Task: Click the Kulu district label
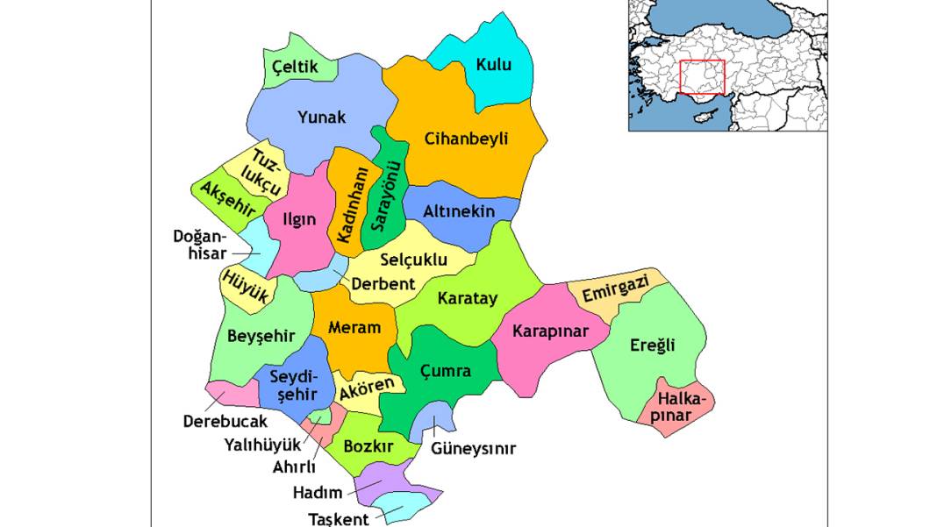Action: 492,64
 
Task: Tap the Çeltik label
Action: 294,66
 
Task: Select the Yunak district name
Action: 322,117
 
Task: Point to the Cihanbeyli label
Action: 466,139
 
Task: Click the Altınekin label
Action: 459,211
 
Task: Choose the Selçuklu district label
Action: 414,259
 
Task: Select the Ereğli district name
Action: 653,345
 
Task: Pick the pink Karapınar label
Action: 550,331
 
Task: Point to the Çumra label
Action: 445,371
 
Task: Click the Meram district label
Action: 354,327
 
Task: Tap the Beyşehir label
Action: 261,336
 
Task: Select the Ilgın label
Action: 299,219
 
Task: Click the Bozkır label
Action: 368,445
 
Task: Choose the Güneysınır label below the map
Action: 473,449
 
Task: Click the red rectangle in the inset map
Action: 702,77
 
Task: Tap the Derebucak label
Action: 225,421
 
